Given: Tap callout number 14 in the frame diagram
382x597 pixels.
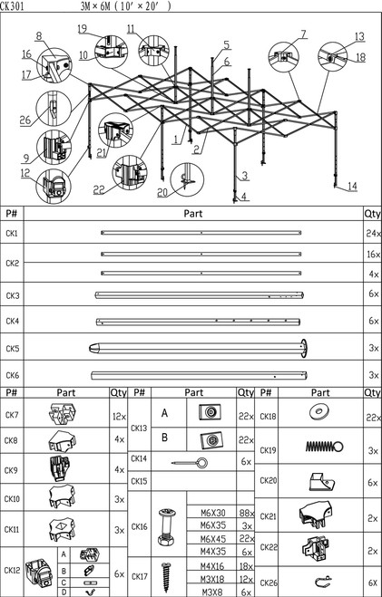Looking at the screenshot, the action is click(351, 187).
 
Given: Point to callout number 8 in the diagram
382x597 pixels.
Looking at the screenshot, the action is click(40, 36).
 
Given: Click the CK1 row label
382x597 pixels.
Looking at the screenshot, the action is click(12, 235).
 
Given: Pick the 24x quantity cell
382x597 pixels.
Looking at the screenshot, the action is click(371, 235).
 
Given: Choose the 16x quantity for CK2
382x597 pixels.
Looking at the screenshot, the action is click(371, 256).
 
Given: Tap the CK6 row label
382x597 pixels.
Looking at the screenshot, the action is click(12, 375).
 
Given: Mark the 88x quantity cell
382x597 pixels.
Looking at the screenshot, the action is click(246, 511).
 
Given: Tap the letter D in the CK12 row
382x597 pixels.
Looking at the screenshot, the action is click(63, 591).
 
